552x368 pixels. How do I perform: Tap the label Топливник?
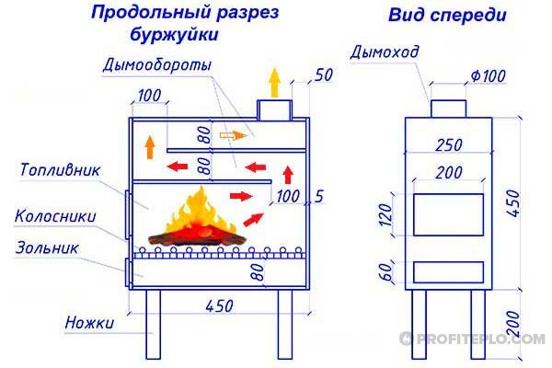coord(57,171)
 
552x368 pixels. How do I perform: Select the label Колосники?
coord(55,216)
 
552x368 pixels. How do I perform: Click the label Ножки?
coord(89,323)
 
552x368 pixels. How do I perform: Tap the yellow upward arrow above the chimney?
coord(272,84)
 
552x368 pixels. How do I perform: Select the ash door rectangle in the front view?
coord(448,271)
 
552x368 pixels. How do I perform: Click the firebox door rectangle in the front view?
coord(448,213)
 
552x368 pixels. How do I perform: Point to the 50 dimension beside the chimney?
coord(322,75)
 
